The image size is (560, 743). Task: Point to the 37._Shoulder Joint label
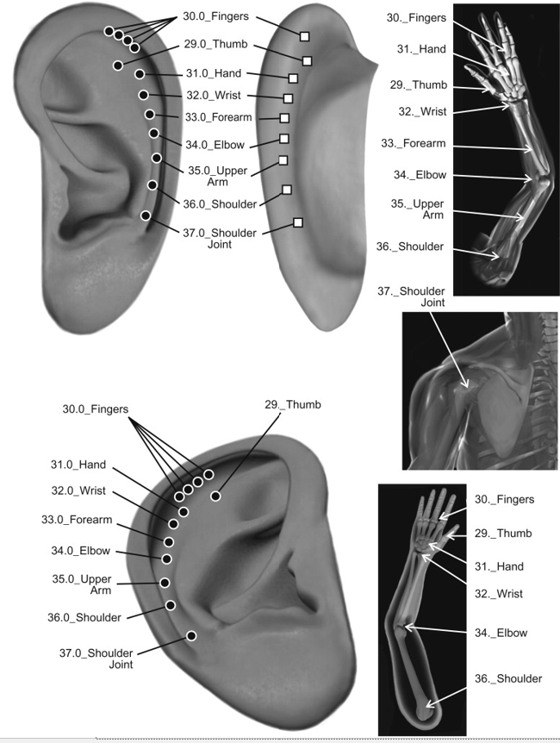411,297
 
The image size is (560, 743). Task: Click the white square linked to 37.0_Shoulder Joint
298,222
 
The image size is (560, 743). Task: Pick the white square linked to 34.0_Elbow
283,139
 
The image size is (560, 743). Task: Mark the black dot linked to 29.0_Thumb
117,66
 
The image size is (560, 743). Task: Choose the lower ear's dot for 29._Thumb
215,496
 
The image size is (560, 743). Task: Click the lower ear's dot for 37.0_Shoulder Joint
191,636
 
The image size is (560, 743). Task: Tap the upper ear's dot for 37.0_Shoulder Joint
146,215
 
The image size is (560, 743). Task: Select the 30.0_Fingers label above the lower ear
95,409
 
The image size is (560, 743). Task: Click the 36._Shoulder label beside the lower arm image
508,678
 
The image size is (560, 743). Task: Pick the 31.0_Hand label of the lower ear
78,465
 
